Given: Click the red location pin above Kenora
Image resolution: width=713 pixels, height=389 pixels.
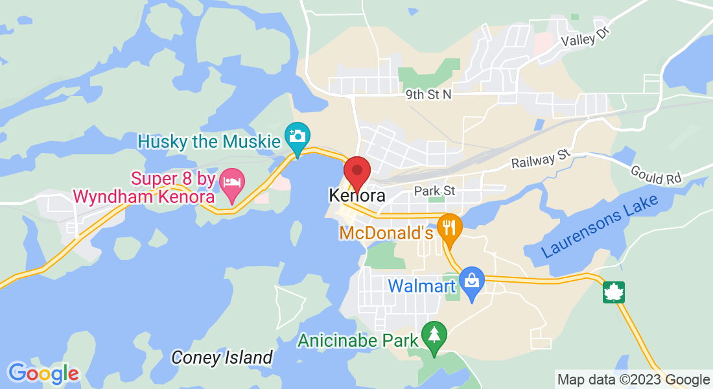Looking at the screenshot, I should pos(356,172).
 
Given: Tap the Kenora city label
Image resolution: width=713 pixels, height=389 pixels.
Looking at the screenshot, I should pos(357,195).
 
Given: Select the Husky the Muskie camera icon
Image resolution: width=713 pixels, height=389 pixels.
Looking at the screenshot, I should pos(298,136).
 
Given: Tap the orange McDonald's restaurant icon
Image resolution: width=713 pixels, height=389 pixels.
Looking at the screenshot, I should pos(449,228).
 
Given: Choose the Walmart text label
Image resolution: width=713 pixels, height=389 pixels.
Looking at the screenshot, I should pos(422,285).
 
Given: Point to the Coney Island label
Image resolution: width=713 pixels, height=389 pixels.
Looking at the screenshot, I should pos(222,357).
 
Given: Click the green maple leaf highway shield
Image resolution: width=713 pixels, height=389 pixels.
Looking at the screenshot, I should pos(613,292).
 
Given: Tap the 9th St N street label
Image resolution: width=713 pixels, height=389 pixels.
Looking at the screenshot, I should pos(428,95).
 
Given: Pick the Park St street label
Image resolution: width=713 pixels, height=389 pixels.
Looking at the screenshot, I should pos(435,191).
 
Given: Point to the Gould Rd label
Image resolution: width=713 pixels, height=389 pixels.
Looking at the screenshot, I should pos(657,174).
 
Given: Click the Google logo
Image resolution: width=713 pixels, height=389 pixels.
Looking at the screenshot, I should pos(43,373).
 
